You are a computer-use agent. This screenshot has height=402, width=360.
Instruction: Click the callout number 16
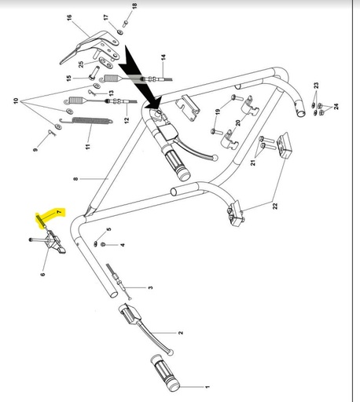(x=69, y=18)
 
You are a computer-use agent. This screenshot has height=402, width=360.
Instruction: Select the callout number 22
(x=275, y=206)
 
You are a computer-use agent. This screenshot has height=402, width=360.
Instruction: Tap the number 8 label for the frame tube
(x=75, y=179)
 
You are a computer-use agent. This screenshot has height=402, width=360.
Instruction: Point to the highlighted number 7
(x=59, y=212)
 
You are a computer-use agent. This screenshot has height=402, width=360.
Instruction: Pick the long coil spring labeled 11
(x=86, y=120)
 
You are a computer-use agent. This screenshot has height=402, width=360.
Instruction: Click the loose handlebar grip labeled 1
(x=166, y=373)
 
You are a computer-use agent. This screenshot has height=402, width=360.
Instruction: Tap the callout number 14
(x=163, y=57)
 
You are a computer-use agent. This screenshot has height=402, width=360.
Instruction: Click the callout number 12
(x=127, y=120)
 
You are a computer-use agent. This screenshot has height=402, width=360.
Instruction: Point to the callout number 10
(x=16, y=100)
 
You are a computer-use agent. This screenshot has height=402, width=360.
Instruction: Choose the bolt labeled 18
(x=125, y=24)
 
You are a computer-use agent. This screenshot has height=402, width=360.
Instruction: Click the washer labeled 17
(x=120, y=32)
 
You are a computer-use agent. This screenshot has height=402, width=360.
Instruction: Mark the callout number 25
(x=81, y=64)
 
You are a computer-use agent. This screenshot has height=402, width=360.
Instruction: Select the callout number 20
(x=238, y=122)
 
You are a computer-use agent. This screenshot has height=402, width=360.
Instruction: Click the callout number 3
(x=150, y=287)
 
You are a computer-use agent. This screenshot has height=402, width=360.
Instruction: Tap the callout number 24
(x=336, y=106)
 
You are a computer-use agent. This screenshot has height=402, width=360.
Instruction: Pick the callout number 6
(x=42, y=274)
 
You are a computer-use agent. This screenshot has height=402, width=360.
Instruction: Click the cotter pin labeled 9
(x=52, y=133)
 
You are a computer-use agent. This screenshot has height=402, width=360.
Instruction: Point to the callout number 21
(x=253, y=163)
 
